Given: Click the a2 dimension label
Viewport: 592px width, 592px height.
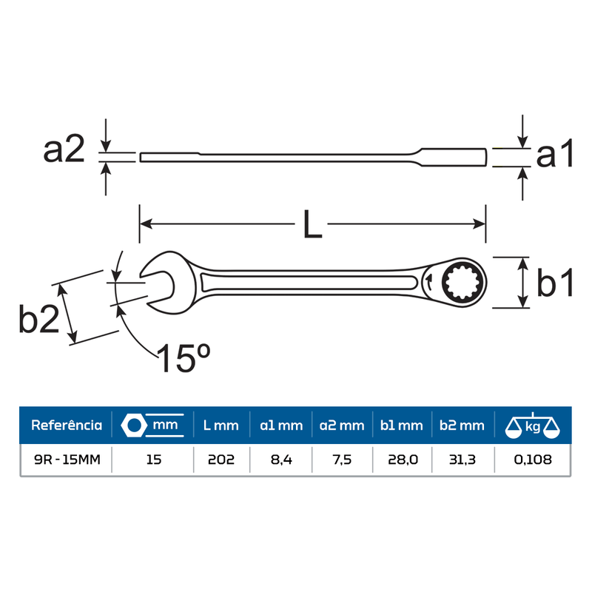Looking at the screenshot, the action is [64, 150].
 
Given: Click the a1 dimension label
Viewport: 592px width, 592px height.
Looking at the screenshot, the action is [554, 153].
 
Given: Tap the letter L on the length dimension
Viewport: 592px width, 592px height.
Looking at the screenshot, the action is [312, 224].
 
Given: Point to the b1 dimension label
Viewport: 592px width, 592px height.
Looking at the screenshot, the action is [555, 282].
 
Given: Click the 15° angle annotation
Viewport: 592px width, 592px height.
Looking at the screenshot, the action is [184, 358].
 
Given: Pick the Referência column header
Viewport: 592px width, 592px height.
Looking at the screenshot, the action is [67, 425].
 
